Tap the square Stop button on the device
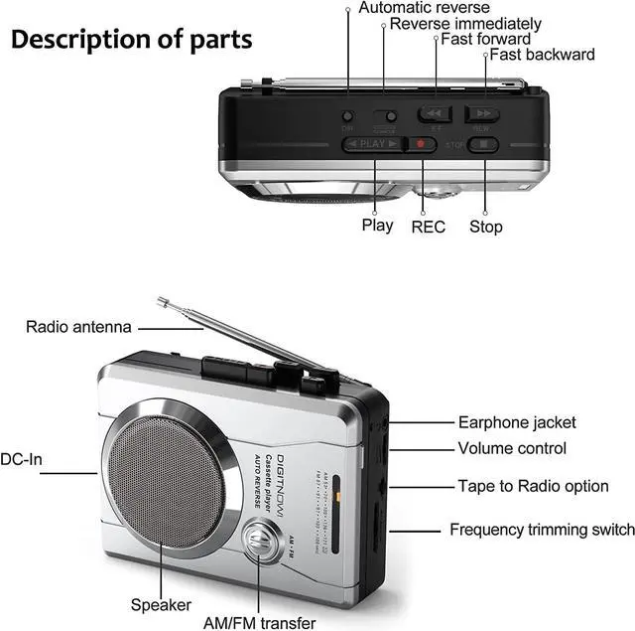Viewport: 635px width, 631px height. (x=483, y=144)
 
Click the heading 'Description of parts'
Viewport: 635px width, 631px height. (x=132, y=40)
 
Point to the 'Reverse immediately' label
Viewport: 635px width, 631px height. (x=465, y=23)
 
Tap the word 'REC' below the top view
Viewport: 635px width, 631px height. (x=429, y=227)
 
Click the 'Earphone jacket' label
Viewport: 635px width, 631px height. (x=516, y=422)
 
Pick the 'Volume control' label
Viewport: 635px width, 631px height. (x=512, y=449)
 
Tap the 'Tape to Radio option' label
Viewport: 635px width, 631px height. (x=533, y=486)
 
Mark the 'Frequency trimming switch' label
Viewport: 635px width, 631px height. (x=542, y=530)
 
